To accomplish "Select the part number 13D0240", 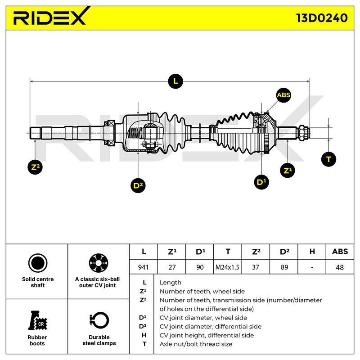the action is [322, 18].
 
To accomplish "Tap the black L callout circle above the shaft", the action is [175, 81].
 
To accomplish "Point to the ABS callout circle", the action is [283, 95].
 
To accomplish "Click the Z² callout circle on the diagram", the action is [35, 167].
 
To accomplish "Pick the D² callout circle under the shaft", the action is [138, 185].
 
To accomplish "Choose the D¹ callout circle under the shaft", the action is [261, 182].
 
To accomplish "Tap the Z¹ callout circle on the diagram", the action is [288, 171].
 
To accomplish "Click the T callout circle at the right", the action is [328, 159].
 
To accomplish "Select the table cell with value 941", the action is [143, 267].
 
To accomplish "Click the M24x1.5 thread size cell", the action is [227, 267].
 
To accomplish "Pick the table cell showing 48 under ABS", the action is [340, 267].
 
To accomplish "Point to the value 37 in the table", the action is [256, 267].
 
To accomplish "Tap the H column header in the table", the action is [312, 252].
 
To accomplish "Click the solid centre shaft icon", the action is [38, 263].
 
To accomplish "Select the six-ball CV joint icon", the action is [99, 263].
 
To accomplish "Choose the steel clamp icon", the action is [99, 320].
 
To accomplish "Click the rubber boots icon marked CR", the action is [37, 320].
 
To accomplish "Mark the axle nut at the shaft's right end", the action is [302, 133].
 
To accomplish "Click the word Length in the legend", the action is [171, 283].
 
